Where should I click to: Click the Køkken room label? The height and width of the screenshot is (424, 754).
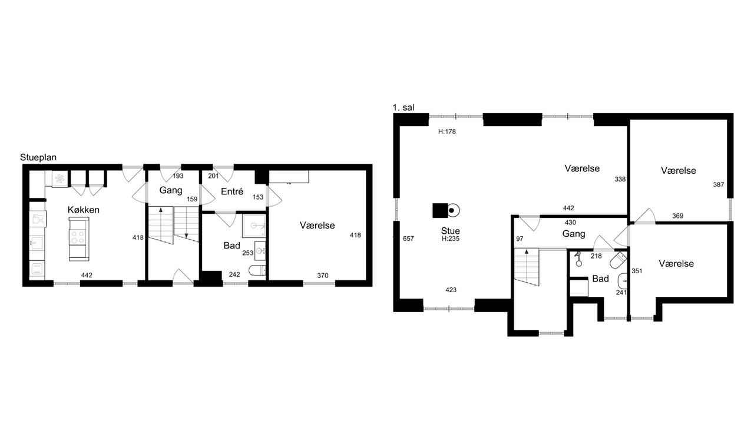pos(84,210)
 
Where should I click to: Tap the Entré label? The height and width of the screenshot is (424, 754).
pos(232,191)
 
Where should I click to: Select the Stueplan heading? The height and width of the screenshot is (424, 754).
pos(38,157)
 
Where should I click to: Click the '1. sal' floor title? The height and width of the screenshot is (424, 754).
pos(404,108)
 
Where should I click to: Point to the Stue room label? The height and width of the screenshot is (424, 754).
pos(451,231)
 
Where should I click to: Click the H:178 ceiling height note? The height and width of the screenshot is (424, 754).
pos(447,131)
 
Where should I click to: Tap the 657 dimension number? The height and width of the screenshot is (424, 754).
pos(408,238)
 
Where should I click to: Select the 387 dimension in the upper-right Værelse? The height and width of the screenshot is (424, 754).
pos(718,185)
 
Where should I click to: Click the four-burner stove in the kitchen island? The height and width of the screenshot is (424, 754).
pos(78,237)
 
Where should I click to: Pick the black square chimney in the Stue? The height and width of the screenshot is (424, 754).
pos(440,211)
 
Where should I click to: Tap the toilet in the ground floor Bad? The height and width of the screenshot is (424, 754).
pos(257,270)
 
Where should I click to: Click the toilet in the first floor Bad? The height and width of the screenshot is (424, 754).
pos(618,260)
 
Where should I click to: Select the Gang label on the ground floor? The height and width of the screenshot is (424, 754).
pos(171,190)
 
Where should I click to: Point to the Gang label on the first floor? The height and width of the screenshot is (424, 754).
pos(574,234)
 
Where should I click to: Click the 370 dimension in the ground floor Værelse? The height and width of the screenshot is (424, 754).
pos(322,276)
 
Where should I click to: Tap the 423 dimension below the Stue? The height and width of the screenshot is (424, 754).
pos(451,290)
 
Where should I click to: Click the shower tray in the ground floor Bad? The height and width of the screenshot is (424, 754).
pos(254,226)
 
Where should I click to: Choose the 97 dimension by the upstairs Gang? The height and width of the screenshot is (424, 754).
pos(520,238)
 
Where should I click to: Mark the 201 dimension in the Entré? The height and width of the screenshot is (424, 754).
pos(213,176)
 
